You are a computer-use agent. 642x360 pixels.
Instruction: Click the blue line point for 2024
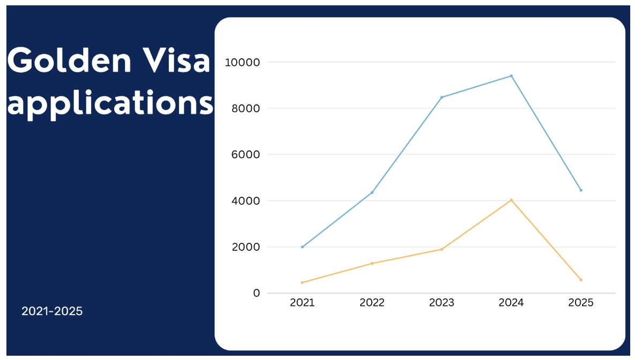[x=511, y=76]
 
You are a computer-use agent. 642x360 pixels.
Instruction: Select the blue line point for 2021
[x=303, y=247]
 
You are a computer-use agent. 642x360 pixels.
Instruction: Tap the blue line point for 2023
[x=442, y=97]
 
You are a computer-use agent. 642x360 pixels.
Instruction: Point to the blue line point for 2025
[x=581, y=190]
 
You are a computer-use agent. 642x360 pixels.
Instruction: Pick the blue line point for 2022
[x=372, y=193]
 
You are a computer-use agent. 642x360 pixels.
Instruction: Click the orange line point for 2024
[x=511, y=200]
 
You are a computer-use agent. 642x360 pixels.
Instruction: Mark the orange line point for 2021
[x=303, y=283]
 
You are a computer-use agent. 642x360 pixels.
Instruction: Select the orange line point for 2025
[x=581, y=280]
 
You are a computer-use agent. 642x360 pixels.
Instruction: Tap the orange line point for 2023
[x=442, y=249]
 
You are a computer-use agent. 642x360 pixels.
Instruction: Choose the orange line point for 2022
[x=372, y=264]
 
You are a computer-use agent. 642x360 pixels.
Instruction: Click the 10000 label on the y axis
[x=242, y=63]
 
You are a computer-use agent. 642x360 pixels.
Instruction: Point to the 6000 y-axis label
[x=245, y=155]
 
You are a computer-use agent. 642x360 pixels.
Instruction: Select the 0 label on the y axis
[x=256, y=294]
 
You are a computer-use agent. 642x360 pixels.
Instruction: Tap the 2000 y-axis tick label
[x=245, y=247]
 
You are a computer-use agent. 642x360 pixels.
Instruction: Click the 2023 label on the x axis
[x=442, y=303]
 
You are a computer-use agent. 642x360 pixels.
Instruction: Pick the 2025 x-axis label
[x=581, y=303]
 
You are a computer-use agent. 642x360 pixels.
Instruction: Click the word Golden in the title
[x=69, y=60]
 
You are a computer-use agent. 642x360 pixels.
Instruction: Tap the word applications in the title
[x=110, y=104]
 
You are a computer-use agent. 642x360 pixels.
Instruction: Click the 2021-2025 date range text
[x=52, y=311]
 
